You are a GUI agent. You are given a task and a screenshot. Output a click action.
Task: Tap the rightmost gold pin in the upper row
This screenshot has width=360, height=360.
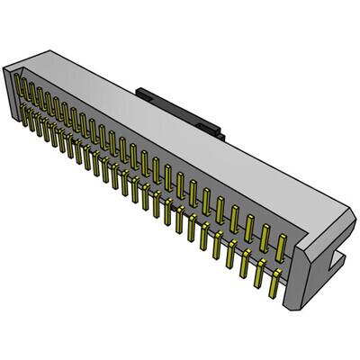[282, 246]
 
